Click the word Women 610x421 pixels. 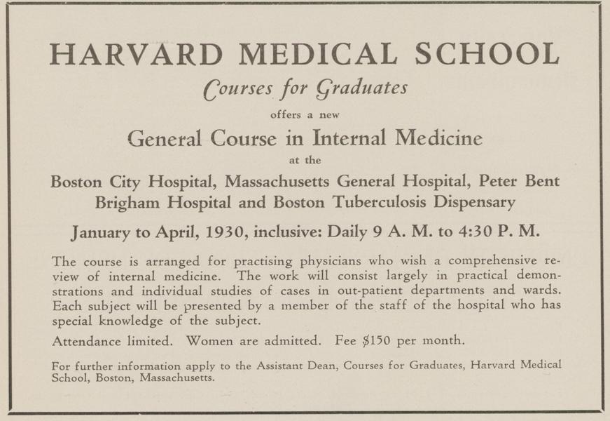click(x=213, y=342)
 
